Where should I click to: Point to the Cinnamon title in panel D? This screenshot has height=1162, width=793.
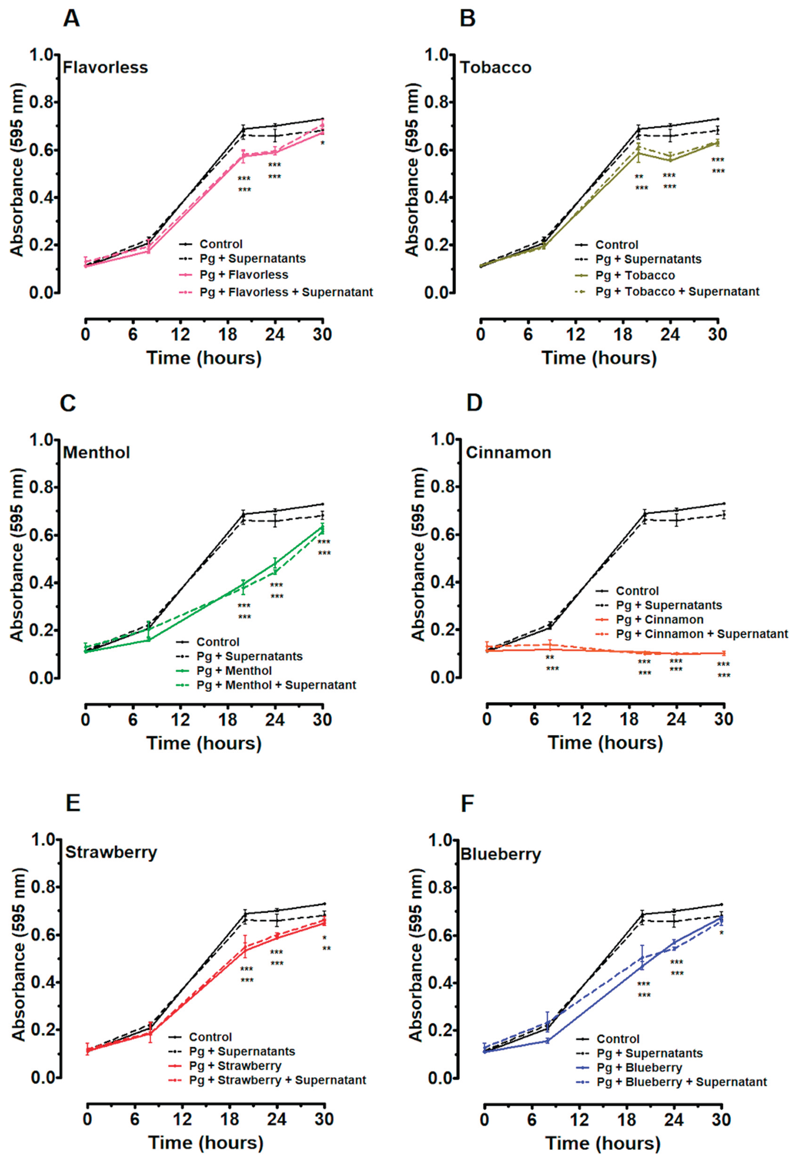point(508,453)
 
